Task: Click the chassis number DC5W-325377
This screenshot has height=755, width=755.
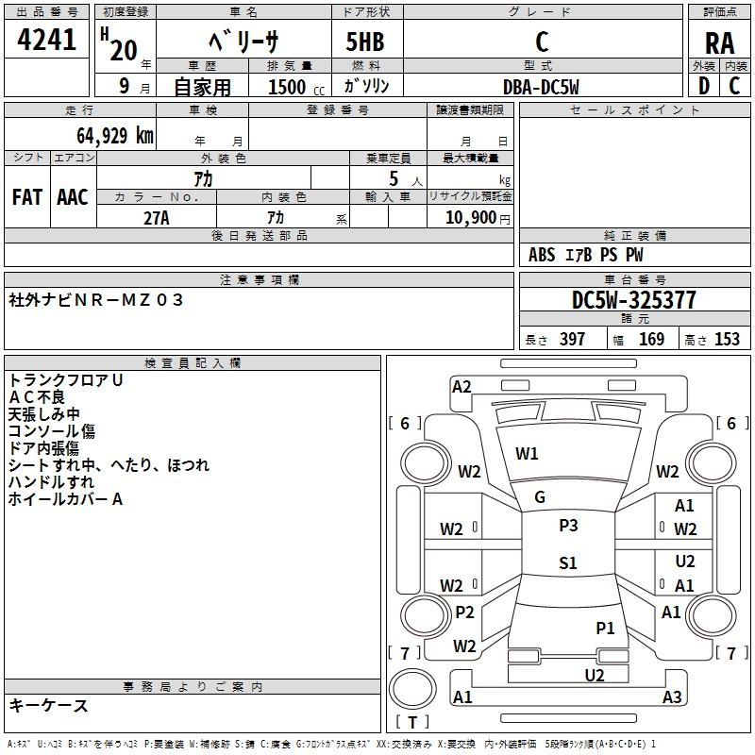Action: [x=634, y=300]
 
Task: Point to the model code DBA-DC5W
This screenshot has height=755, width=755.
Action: [x=541, y=87]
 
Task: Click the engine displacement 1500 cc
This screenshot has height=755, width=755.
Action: [x=290, y=87]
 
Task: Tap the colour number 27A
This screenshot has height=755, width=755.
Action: [x=156, y=217]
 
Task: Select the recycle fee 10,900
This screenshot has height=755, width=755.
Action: [x=469, y=217]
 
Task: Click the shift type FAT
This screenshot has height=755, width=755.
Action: [x=27, y=196]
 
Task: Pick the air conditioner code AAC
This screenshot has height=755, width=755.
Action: [x=72, y=196]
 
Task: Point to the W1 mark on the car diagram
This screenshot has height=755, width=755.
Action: [x=527, y=454]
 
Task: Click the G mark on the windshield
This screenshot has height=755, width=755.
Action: [x=540, y=497]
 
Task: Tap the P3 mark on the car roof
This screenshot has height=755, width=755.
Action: [x=568, y=526]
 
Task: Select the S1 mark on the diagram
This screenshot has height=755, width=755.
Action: [x=567, y=563]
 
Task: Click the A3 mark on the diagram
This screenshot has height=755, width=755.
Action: [x=671, y=697]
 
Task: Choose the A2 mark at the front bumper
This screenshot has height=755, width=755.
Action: [x=461, y=386]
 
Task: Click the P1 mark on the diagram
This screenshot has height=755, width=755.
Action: [x=605, y=628]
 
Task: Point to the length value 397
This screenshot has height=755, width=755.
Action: [x=572, y=340]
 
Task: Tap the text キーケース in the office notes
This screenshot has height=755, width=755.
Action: [x=49, y=705]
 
